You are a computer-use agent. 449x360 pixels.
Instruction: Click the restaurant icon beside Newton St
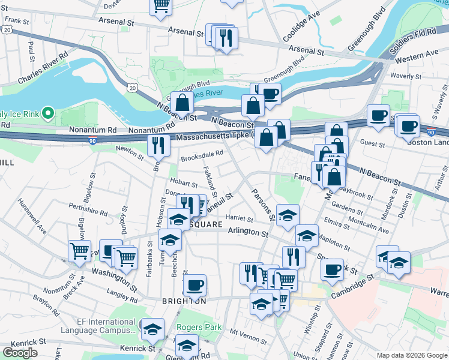click(158, 146)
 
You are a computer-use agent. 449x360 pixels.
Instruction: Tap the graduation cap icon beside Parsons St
click(288, 215)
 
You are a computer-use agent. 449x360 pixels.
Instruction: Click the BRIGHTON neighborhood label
click(184, 301)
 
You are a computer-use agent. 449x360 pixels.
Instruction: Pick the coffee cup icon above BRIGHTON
click(194, 285)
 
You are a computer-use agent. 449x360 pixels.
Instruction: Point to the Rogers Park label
click(199, 328)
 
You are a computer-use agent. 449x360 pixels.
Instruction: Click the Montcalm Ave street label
click(367, 230)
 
